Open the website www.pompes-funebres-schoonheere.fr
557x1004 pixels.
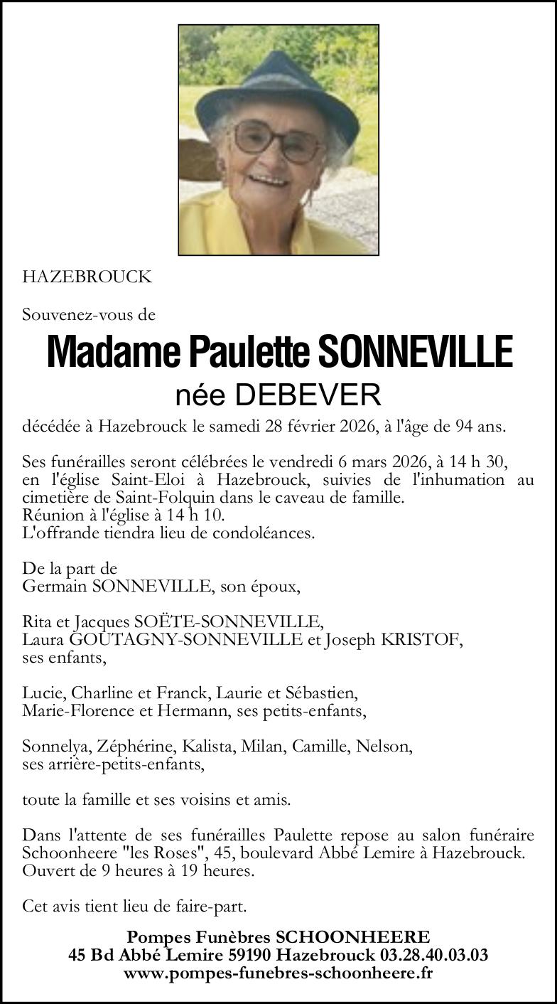point(278,973)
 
